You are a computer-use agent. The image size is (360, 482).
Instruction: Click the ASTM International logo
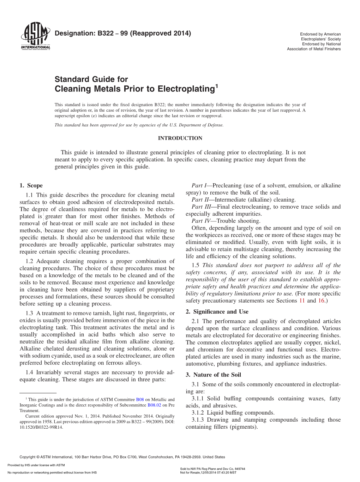[35, 36]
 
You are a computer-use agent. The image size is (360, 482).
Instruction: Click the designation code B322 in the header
[106, 34]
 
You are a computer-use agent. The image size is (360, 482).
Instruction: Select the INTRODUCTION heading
[180, 138]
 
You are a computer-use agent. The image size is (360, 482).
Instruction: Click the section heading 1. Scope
[31, 186]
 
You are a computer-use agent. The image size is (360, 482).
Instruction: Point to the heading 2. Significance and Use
[217, 312]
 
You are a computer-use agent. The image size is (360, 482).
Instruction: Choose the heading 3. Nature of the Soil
[214, 375]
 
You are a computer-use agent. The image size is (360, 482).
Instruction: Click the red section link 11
[302, 301]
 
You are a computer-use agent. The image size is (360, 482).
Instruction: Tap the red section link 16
[321, 301]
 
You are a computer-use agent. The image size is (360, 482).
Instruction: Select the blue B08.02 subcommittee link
[154, 405]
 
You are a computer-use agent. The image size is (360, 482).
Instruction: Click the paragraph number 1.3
[29, 314]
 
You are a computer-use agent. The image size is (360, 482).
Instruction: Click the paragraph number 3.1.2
[198, 413]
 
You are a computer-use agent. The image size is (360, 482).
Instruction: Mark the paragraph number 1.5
[196, 266]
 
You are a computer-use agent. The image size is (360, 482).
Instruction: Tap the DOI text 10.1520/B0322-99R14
[41, 427]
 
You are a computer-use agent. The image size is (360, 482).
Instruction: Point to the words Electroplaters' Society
[321, 39]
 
